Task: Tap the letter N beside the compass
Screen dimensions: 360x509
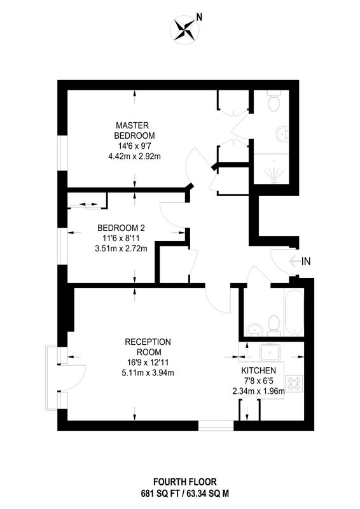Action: click(x=199, y=18)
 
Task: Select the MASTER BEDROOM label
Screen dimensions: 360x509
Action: click(x=134, y=130)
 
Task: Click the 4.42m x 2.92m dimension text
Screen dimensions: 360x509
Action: click(x=134, y=157)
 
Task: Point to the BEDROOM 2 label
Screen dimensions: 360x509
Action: click(x=118, y=228)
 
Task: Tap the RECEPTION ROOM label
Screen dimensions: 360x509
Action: click(x=148, y=347)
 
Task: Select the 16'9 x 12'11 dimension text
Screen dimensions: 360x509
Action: click(x=148, y=362)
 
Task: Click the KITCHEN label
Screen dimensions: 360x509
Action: click(x=258, y=370)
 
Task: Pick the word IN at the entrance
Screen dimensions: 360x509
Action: click(x=306, y=261)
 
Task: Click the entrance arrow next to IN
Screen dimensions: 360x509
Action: click(x=294, y=261)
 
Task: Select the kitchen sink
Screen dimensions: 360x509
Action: click(x=270, y=354)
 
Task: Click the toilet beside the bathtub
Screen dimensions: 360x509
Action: click(x=274, y=324)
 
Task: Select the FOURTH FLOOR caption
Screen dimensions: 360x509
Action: click(x=184, y=482)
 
